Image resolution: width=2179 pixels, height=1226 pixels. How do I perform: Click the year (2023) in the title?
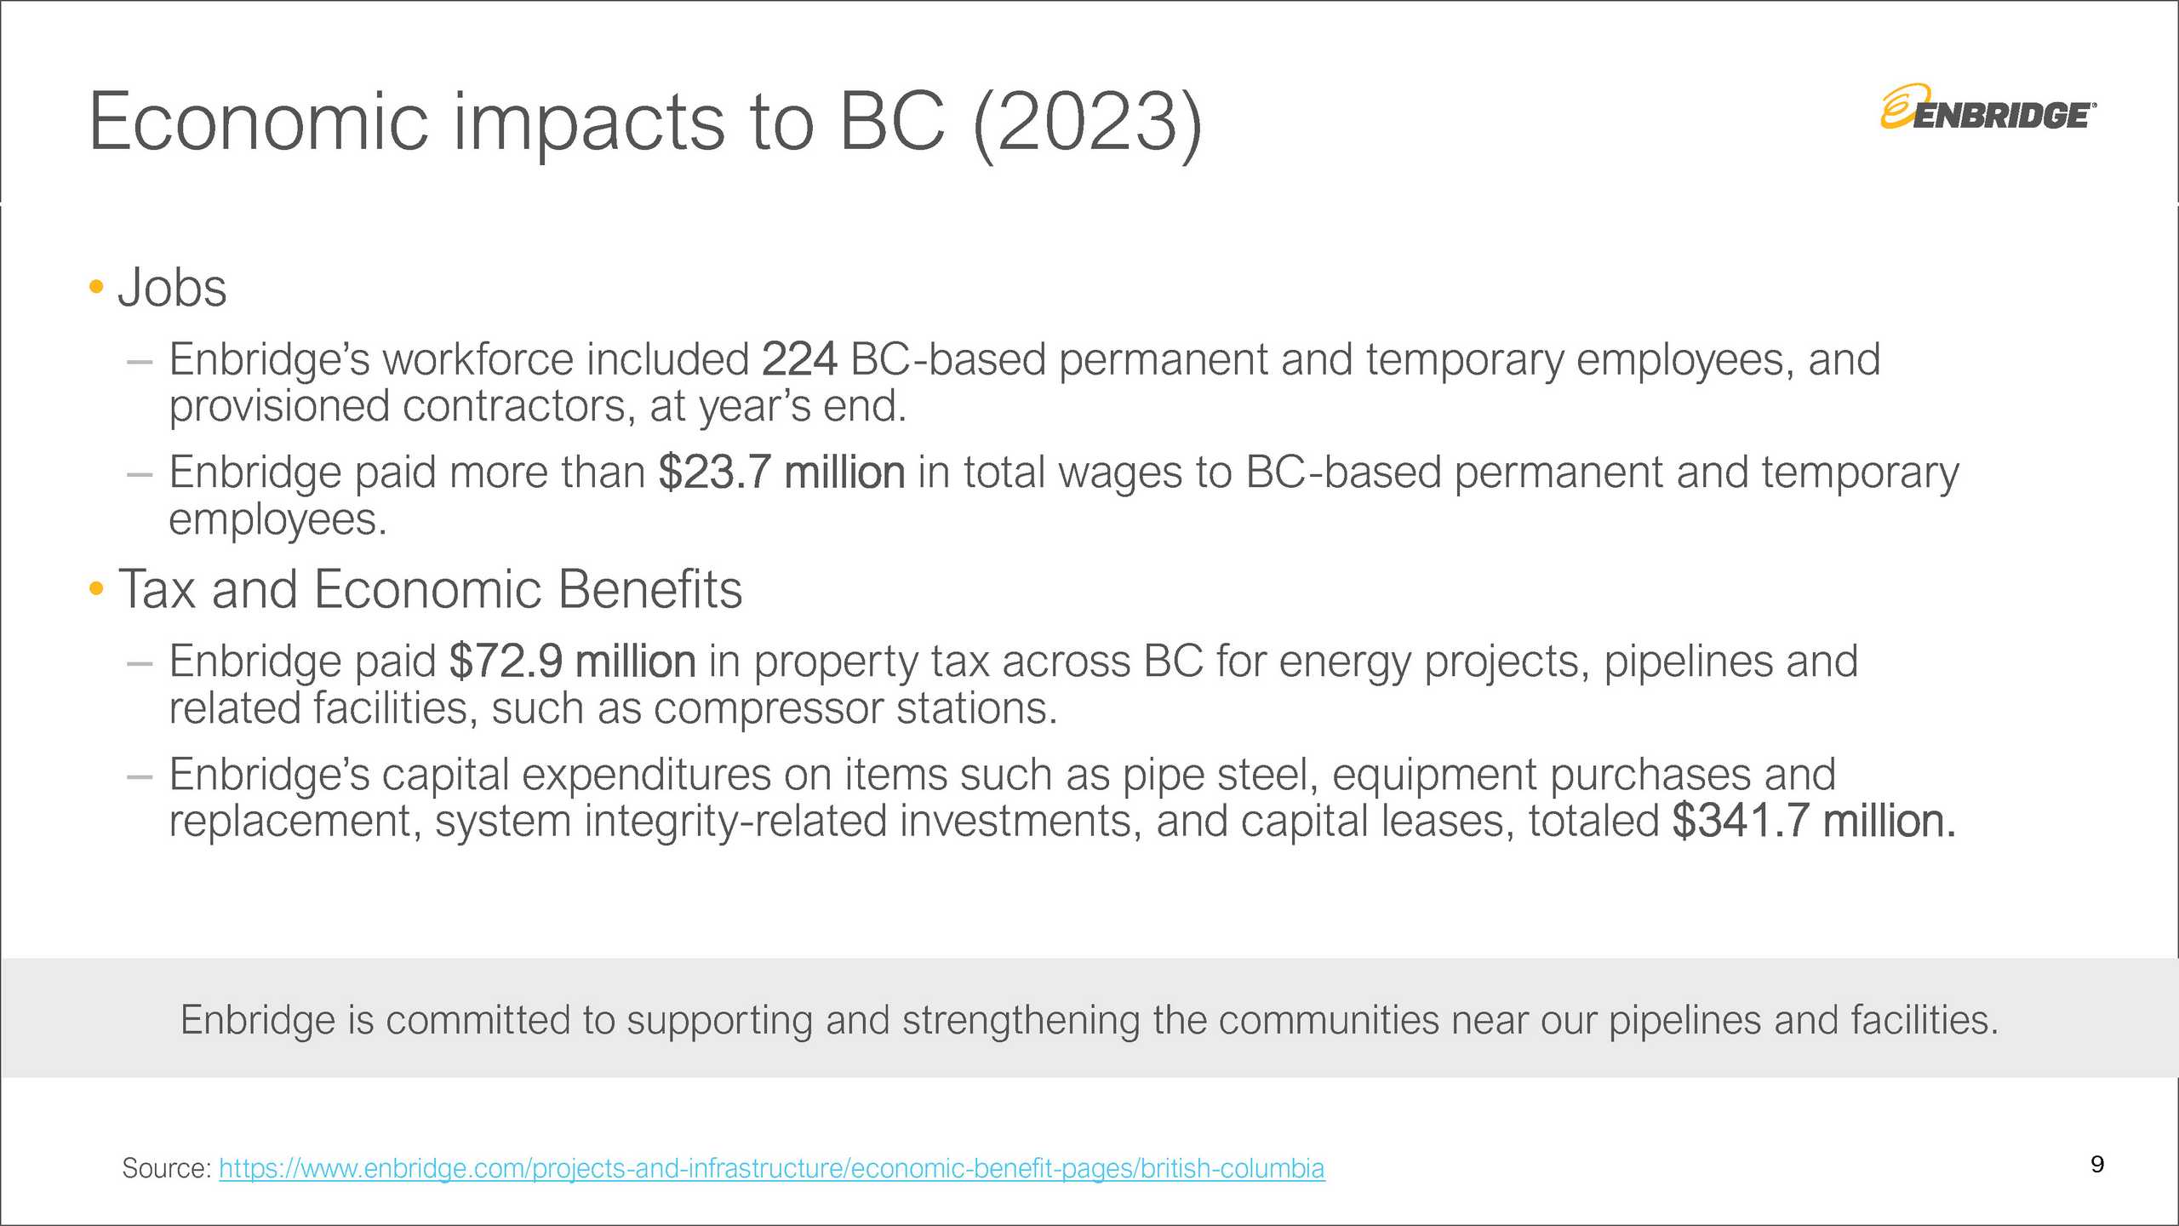click(1087, 124)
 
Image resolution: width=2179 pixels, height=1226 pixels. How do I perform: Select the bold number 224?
click(799, 359)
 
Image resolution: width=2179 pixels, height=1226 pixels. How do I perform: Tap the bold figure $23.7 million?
click(781, 473)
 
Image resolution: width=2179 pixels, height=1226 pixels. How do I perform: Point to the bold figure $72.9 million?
click(573, 662)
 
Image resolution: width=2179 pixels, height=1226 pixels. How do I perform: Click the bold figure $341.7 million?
click(1814, 822)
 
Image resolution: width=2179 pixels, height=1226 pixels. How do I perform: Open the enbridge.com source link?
click(772, 1169)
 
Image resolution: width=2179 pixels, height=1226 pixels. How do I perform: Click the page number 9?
click(2097, 1165)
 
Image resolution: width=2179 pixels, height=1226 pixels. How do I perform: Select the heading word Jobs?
click(173, 288)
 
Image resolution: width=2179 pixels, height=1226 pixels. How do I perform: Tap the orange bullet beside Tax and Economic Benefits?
click(96, 588)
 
